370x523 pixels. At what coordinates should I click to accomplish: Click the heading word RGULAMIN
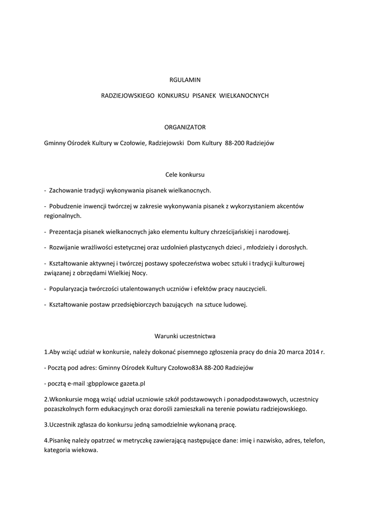tap(185, 79)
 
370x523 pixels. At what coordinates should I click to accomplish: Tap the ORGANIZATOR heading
tap(185, 127)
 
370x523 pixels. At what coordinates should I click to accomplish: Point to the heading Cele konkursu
tap(185, 175)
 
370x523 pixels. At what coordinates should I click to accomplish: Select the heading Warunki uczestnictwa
tap(185, 336)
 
